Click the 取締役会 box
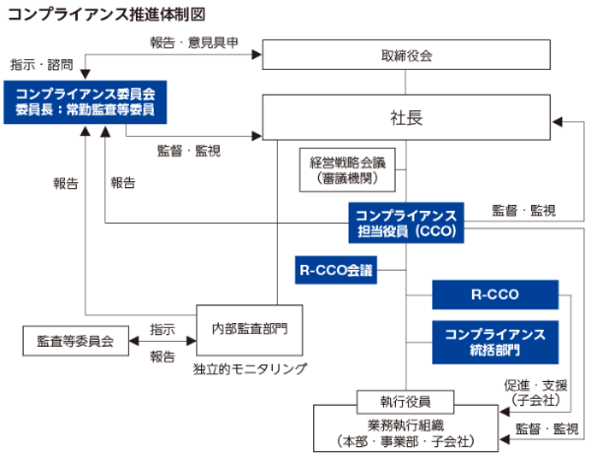pos(406,55)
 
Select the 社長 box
pos(406,117)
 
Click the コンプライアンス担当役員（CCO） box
pos(406,224)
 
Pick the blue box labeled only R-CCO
pos(494,294)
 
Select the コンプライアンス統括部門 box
pos(494,342)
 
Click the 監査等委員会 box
pos(76,341)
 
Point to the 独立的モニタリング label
pos(250,368)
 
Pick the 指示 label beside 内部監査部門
pos(163,328)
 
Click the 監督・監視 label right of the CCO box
pos(523,211)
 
